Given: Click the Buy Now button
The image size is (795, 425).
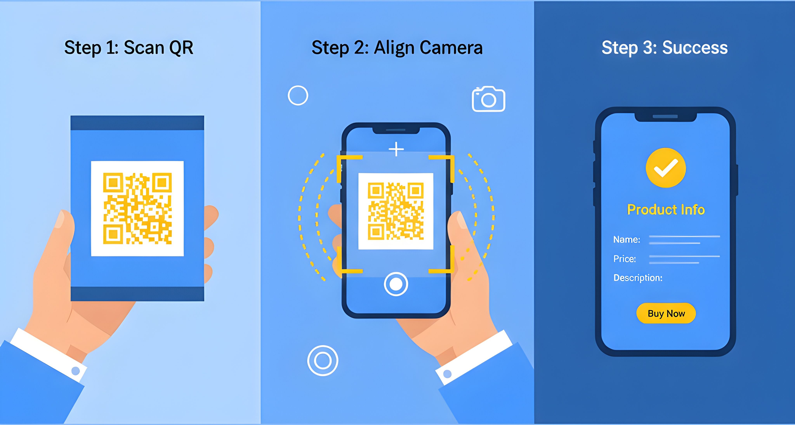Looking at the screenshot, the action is pyautogui.click(x=666, y=313).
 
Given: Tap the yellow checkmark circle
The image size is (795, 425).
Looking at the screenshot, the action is pyautogui.click(x=666, y=168).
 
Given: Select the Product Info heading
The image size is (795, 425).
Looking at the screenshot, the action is pyautogui.click(x=666, y=210).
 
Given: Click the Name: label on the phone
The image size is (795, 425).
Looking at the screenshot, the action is pyautogui.click(x=627, y=239).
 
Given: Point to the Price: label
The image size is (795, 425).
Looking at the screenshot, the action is pyautogui.click(x=625, y=259).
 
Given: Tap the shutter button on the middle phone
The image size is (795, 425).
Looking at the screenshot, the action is pyautogui.click(x=396, y=284).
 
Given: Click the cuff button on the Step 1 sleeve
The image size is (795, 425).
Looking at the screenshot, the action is pyautogui.click(x=75, y=371).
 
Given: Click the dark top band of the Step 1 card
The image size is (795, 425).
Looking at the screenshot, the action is pyautogui.click(x=137, y=123).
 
